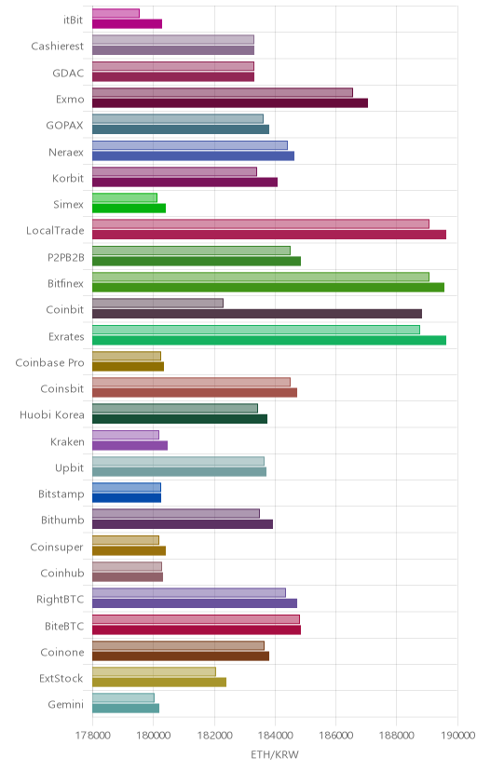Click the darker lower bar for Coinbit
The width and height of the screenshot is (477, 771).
[257, 314]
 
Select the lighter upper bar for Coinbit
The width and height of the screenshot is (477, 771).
[157, 303]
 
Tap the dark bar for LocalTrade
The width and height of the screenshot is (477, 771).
[269, 235]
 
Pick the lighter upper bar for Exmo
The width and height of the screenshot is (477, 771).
[223, 92]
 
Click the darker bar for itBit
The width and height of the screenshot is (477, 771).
[127, 23]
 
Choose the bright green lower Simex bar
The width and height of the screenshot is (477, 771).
[129, 208]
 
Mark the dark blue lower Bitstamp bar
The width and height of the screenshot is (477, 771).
[127, 497]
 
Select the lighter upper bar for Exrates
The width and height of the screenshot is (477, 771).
[255, 330]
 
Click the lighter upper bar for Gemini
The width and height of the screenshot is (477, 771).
[123, 697]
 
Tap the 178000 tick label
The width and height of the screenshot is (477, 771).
[92, 735]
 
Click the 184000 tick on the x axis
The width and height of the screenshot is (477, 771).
[275, 735]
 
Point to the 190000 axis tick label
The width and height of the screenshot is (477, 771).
[457, 735]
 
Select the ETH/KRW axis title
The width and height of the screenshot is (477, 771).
[275, 754]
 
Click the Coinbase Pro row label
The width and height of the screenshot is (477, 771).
[49, 363]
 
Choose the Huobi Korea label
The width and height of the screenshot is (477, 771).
[52, 415]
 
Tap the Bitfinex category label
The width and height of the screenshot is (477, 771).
[65, 284]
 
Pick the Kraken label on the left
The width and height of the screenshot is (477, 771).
[67, 442]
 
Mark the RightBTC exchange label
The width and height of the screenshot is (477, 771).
[60, 600]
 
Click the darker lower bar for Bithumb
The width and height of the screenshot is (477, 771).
[183, 524]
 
